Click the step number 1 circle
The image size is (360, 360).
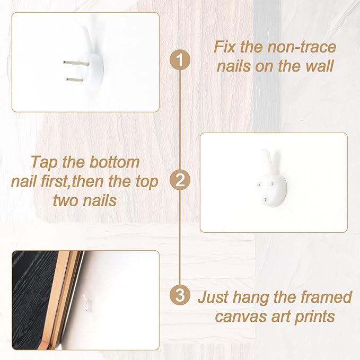click(180, 60)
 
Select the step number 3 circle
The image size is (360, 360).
click(180, 295)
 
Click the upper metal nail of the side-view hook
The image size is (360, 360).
click(76, 63)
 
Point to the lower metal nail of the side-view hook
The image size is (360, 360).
click(75, 80)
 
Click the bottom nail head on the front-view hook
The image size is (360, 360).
click(265, 200)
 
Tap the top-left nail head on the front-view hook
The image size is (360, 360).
click(259, 185)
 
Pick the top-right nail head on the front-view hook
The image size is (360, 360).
click(272, 183)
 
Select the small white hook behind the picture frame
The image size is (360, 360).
click(87, 303)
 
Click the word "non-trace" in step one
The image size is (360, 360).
click(302, 47)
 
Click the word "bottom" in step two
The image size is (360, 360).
click(114, 162)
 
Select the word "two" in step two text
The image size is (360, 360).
click(66, 200)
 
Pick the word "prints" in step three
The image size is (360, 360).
click(314, 317)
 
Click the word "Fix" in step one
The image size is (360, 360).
click(225, 47)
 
